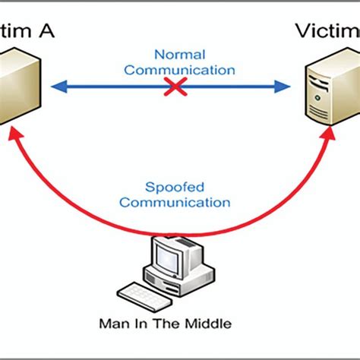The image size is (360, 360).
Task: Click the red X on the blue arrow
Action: [x=176, y=87]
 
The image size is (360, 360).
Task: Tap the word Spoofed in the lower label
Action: [x=175, y=188]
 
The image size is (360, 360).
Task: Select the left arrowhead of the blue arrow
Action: [x=55, y=87]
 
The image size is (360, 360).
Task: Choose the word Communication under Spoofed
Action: [x=175, y=203]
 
